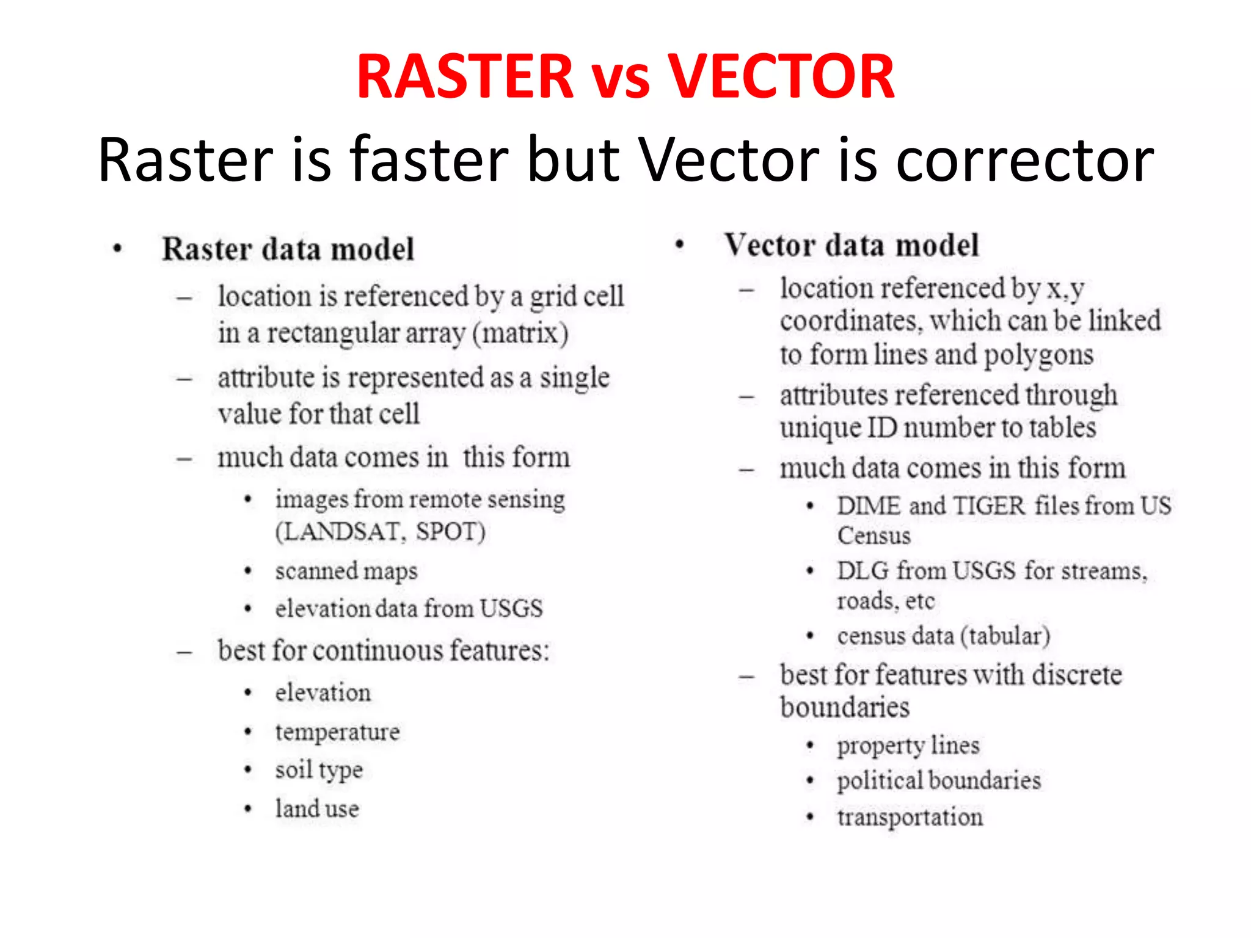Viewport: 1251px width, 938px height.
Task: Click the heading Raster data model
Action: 288,249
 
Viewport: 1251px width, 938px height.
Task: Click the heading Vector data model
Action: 852,245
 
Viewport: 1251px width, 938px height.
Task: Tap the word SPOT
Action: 450,532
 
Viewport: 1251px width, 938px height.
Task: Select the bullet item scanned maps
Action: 346,572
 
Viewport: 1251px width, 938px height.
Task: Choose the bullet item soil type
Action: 319,770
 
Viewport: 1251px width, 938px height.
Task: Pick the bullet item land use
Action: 317,809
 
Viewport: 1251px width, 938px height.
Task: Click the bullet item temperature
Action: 337,732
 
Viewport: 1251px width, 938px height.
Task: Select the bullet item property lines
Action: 908,746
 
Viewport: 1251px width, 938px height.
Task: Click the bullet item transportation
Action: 910,817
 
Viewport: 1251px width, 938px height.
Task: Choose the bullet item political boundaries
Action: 939,781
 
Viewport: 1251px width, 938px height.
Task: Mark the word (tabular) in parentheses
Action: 1005,636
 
